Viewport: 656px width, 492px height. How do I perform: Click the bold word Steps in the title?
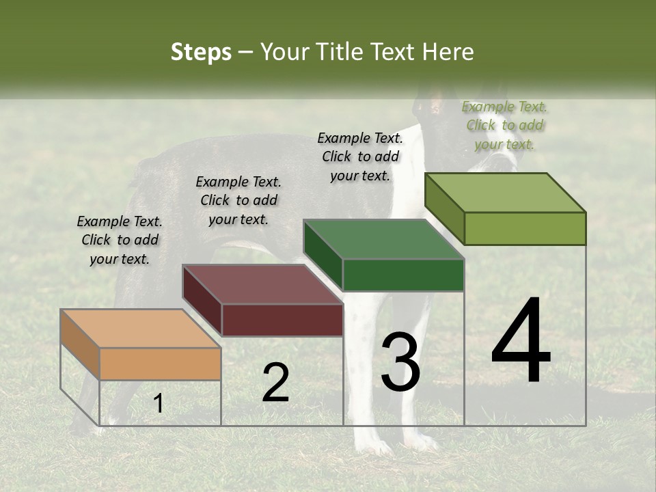coord(201,52)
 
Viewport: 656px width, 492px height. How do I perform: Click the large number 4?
coord(521,341)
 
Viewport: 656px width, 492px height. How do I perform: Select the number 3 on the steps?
coord(400,361)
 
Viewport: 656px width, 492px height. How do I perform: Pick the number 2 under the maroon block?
coord(275,383)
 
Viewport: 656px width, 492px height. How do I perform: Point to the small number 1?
coord(159,404)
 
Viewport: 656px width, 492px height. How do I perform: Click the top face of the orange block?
coord(140,328)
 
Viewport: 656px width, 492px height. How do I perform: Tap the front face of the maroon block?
coord(282,320)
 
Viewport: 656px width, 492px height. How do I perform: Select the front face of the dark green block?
coord(403,275)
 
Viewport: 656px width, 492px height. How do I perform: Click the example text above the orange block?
coord(120,240)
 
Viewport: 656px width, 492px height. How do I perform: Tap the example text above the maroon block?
coord(238,200)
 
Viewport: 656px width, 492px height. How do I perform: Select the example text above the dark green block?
coord(360,156)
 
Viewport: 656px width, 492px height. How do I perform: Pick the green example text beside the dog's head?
coord(504,125)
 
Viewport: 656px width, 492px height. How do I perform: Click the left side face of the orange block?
coord(80,344)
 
